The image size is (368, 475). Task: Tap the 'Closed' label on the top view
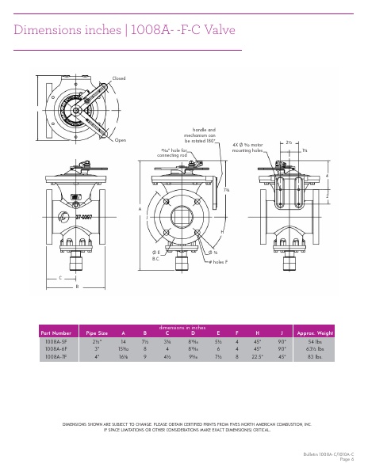point(119,78)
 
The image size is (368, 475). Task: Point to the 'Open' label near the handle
point(121,140)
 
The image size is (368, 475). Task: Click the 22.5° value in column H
point(258,355)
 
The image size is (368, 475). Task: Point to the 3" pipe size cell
point(97,348)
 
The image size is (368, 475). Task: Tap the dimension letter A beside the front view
point(140,209)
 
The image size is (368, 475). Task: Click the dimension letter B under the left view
point(77,286)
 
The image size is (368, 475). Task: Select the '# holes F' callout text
point(219,260)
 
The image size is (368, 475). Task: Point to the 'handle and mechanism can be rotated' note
point(204,135)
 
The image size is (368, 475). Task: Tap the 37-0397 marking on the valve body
point(86,216)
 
